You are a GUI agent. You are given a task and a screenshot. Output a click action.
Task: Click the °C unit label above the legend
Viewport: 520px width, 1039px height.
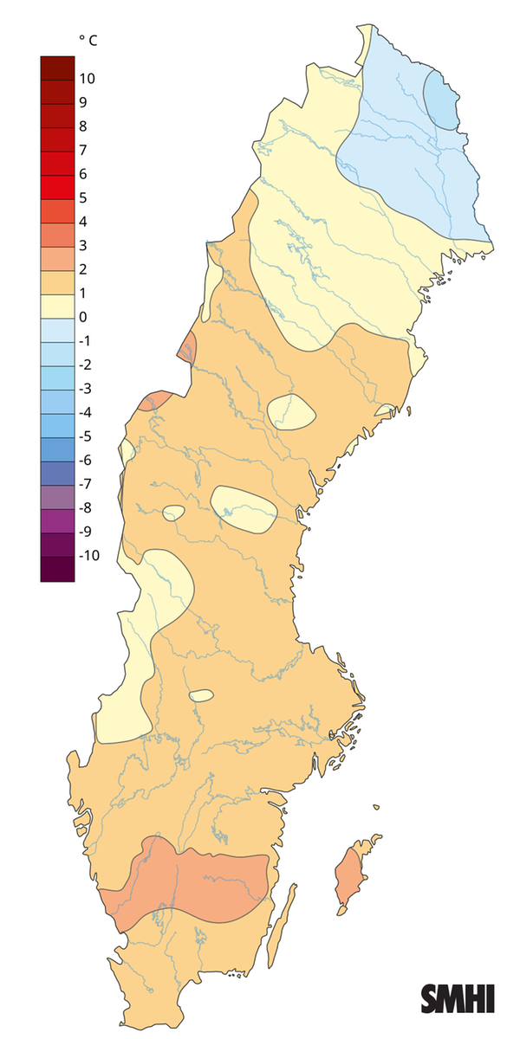[87, 40]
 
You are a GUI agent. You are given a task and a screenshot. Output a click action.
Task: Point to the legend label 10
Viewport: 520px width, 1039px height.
[87, 79]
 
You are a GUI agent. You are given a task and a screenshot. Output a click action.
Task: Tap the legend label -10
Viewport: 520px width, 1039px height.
[89, 555]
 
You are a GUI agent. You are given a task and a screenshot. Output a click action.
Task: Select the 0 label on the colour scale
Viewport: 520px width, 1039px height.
[83, 317]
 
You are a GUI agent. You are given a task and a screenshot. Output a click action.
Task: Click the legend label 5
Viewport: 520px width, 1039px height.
[83, 198]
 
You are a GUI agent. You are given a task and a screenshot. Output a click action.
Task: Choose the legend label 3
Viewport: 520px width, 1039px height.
[83, 246]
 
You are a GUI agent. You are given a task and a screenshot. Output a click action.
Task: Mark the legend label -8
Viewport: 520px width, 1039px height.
[87, 507]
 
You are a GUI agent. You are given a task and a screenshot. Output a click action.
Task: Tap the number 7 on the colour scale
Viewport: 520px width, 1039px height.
[83, 151]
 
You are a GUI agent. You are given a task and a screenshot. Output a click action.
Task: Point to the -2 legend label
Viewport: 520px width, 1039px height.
[87, 365]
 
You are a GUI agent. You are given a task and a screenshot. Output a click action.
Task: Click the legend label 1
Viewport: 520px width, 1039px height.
[83, 294]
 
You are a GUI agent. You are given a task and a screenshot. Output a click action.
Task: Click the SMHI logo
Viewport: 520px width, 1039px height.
[458, 998]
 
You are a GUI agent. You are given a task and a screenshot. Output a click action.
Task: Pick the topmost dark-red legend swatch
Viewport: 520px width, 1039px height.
[57, 68]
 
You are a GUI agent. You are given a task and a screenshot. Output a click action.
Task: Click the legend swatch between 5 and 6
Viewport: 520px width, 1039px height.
[57, 186]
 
